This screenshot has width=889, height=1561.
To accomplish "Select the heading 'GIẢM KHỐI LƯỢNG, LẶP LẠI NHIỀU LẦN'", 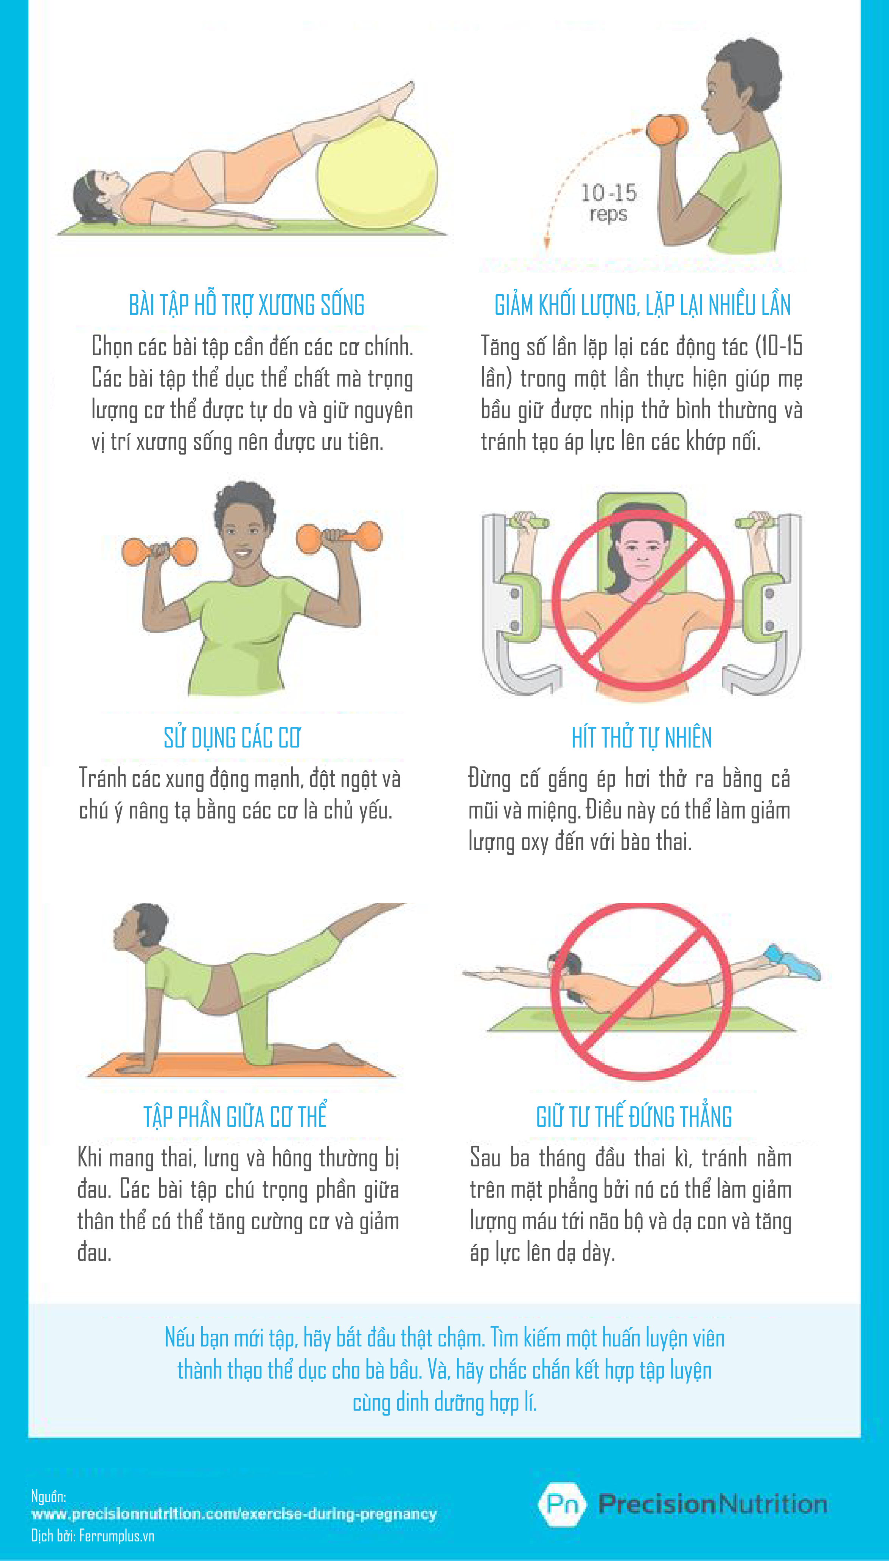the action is [x=642, y=304].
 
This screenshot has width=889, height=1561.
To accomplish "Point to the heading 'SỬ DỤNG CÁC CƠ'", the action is [x=232, y=738].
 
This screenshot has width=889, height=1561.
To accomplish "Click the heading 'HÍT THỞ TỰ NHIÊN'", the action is [x=642, y=738].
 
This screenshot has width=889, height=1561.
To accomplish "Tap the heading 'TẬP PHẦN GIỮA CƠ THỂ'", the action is [x=235, y=1115].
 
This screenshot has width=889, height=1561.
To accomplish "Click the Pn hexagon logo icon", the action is [x=562, y=1504].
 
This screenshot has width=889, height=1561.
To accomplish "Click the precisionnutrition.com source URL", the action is [x=234, y=1514].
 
